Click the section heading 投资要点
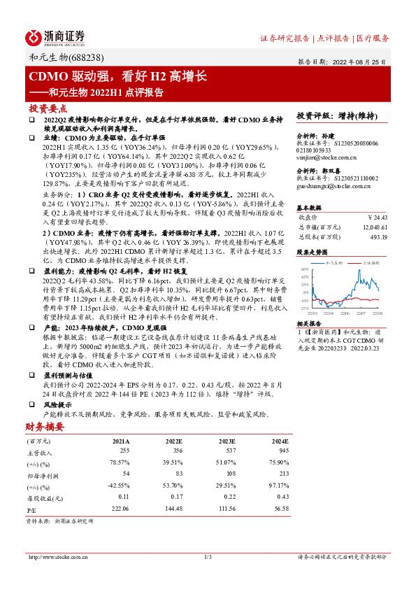48,108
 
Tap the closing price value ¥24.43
377,217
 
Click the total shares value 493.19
378,236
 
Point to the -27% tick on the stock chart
304,307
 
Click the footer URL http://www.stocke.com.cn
57,557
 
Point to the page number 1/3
208,557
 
